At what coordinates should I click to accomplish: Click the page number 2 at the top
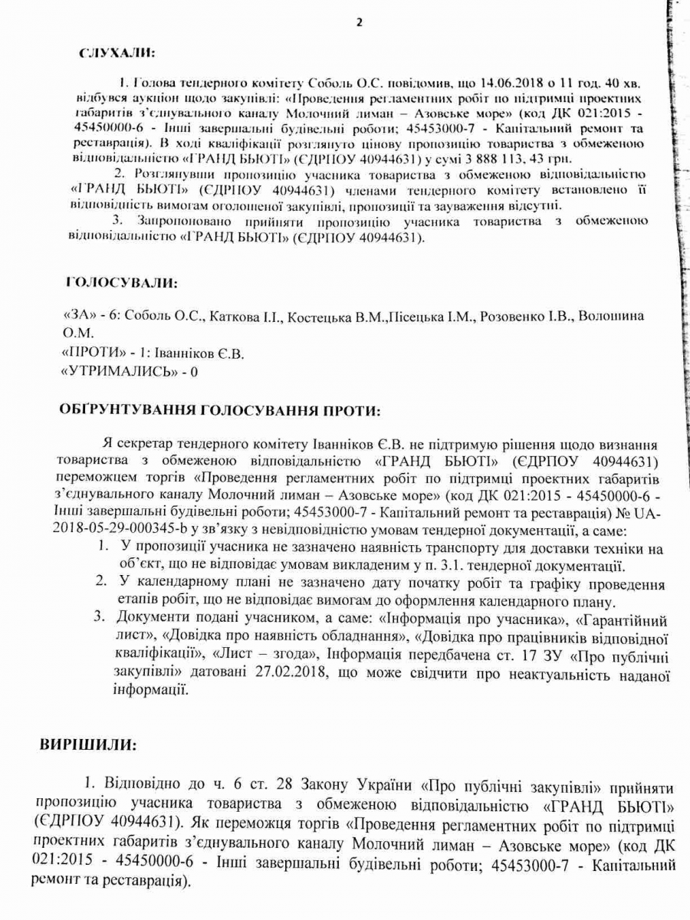click(358, 21)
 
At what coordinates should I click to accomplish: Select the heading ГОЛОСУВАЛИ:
click(122, 284)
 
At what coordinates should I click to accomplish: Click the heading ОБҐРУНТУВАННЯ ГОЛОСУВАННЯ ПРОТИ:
click(219, 410)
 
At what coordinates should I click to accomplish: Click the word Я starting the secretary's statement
click(106, 445)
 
